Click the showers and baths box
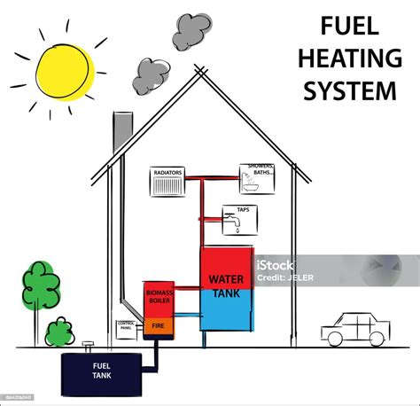click(x=257, y=177)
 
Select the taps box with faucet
click(x=237, y=218)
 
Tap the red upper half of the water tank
click(x=225, y=269)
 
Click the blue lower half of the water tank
click(x=225, y=310)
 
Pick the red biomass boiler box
click(x=159, y=300)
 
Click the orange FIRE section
click(x=159, y=327)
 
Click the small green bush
click(x=58, y=332)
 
